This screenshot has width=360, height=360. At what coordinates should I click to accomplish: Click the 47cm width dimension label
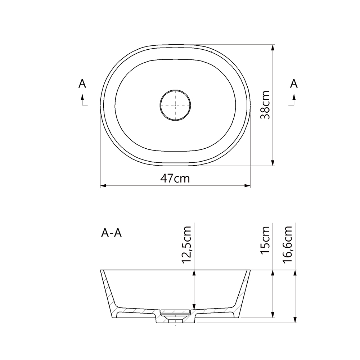pyautogui.click(x=175, y=178)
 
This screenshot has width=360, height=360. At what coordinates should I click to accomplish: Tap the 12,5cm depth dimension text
pyautogui.click(x=187, y=245)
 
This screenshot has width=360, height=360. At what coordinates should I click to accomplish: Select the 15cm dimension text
pyautogui.click(x=266, y=239)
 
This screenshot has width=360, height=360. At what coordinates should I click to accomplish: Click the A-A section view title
pyautogui.click(x=112, y=234)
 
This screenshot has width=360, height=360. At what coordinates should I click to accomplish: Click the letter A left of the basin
pyautogui.click(x=82, y=84)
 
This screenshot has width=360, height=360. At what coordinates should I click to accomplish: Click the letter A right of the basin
pyautogui.click(x=294, y=84)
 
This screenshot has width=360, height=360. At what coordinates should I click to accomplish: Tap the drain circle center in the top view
pyautogui.click(x=175, y=105)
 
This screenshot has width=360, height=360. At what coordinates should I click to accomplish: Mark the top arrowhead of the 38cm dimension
pyautogui.click(x=273, y=47)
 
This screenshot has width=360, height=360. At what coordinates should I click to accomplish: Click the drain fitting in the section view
pyautogui.click(x=175, y=313)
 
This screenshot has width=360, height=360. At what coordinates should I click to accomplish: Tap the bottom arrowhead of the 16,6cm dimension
pyautogui.click(x=295, y=320)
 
